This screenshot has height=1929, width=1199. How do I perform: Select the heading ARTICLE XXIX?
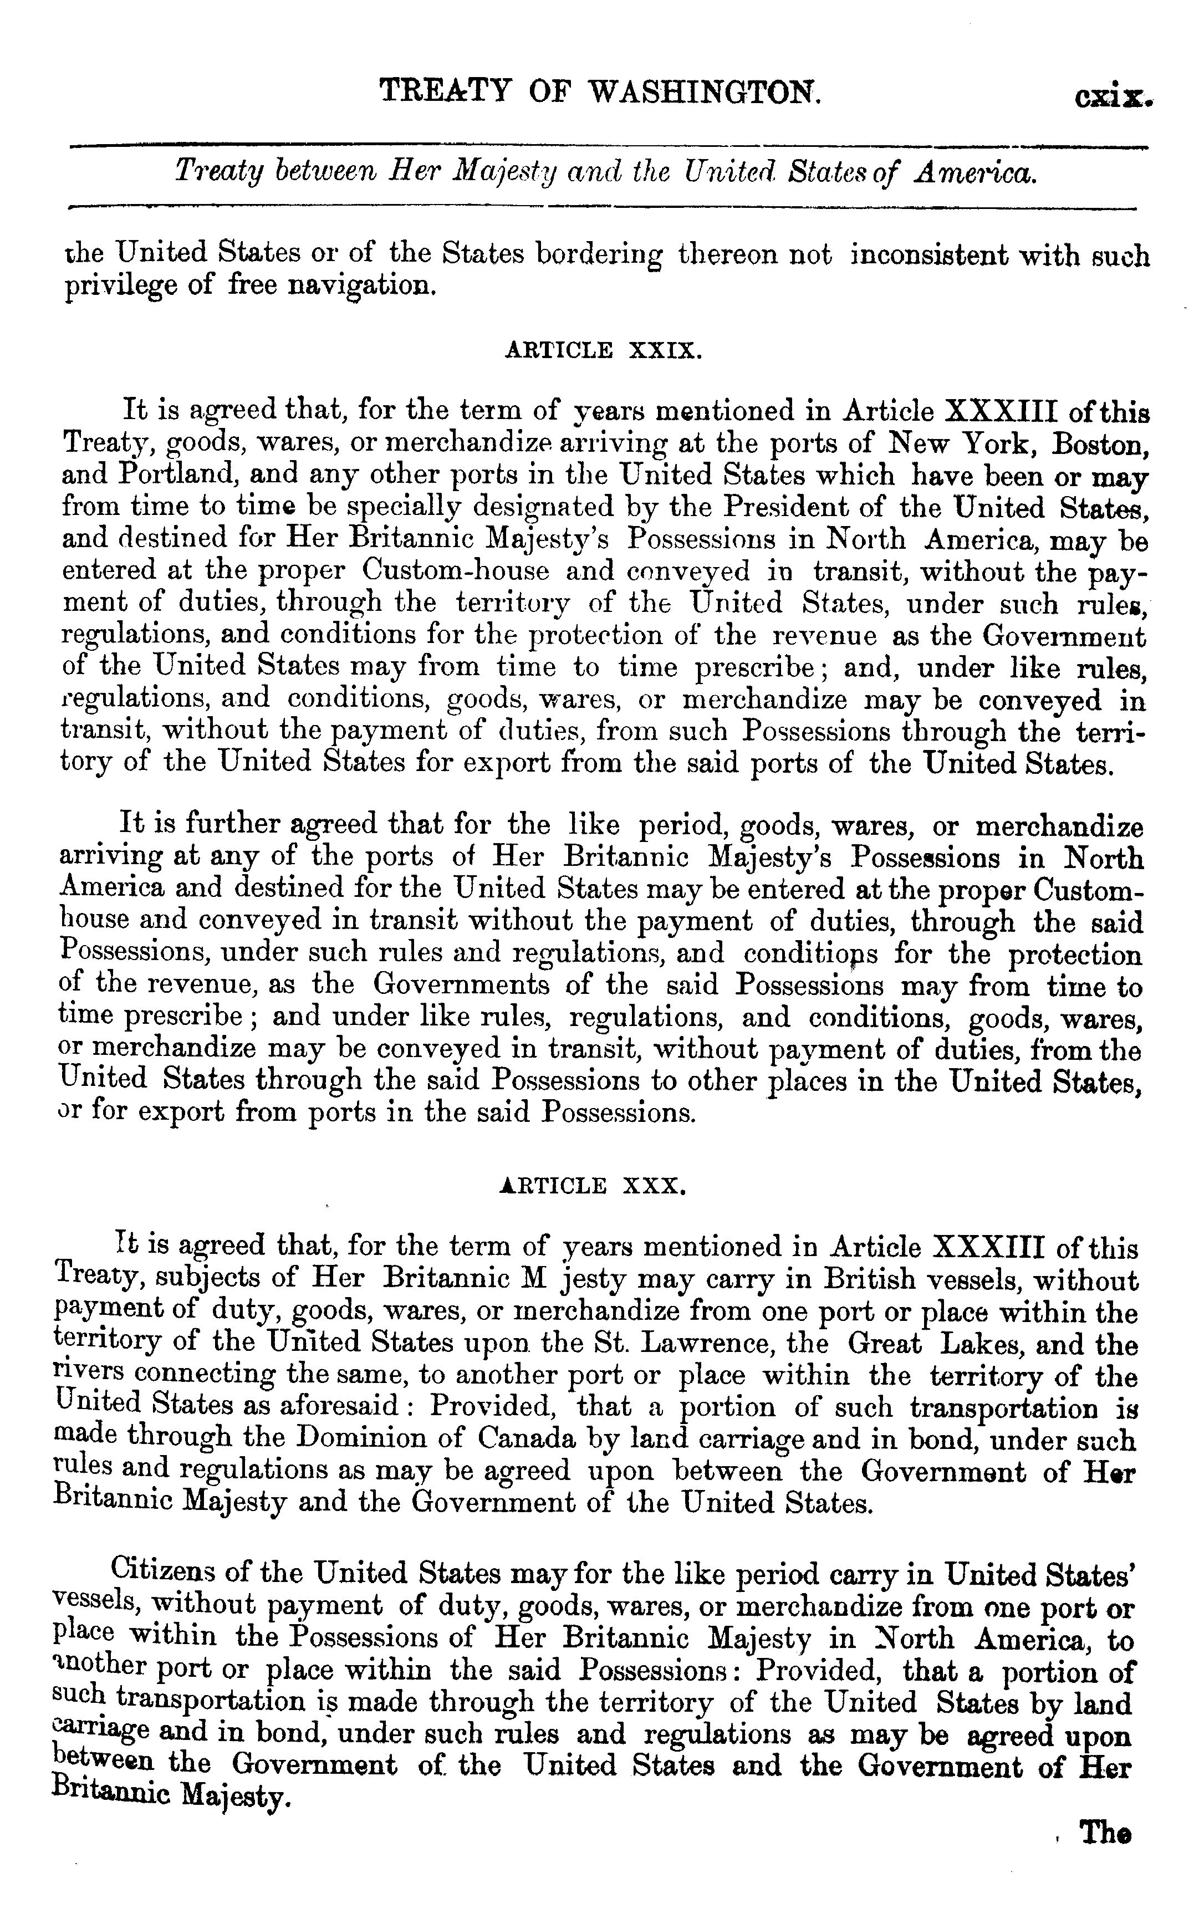point(603,350)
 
